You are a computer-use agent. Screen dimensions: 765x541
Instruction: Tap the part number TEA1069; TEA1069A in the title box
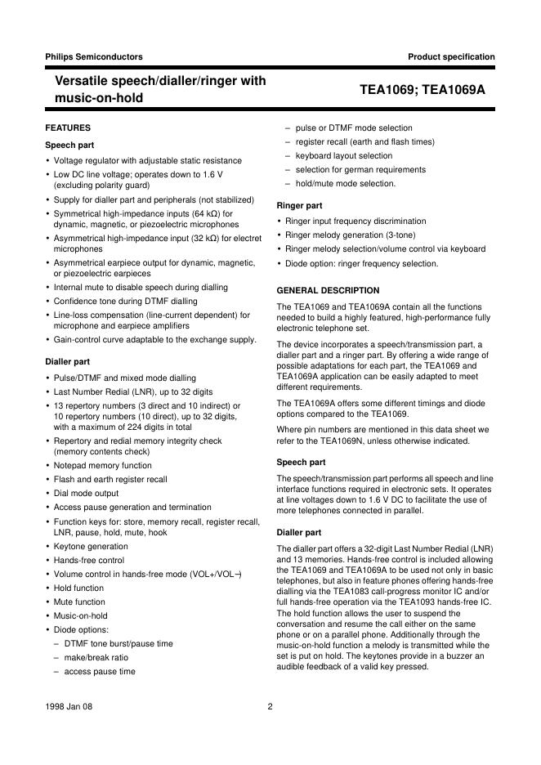(x=423, y=90)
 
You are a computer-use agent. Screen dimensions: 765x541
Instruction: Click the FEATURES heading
(x=68, y=128)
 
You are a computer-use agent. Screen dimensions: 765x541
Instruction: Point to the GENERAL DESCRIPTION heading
(x=328, y=290)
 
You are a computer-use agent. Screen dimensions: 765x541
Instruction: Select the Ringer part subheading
(x=299, y=205)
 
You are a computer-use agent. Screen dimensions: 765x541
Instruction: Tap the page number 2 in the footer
(x=270, y=707)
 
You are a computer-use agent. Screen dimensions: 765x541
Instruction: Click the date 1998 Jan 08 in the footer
(x=69, y=707)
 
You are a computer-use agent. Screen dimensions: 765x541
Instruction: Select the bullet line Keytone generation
(x=91, y=547)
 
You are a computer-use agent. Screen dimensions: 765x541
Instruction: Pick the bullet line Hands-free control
(x=89, y=561)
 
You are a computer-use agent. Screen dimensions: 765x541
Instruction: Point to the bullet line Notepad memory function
(x=102, y=466)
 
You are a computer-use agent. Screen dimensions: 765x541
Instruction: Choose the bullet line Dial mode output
(x=86, y=494)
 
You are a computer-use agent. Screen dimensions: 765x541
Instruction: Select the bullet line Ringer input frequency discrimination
(x=355, y=221)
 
